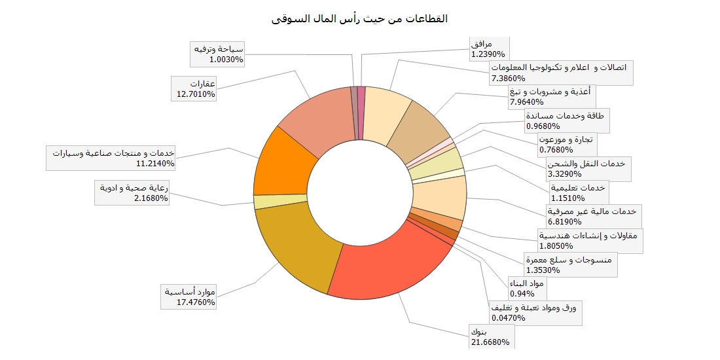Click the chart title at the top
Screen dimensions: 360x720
[x=359, y=18]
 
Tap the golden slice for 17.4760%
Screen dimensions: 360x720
[x=295, y=249]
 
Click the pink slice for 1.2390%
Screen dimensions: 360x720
[x=361, y=113]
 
